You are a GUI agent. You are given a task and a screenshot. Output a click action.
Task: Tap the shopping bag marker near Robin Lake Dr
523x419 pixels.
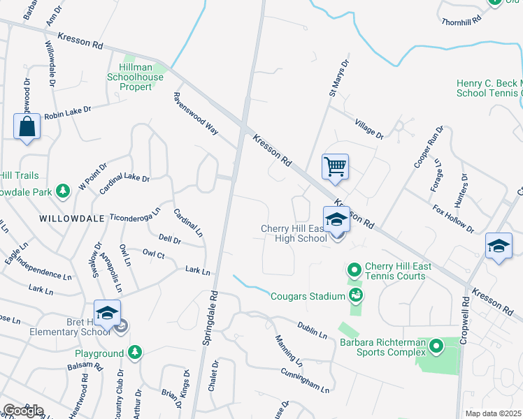point(27,126)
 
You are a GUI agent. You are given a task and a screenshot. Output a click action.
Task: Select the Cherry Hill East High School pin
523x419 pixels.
point(336,220)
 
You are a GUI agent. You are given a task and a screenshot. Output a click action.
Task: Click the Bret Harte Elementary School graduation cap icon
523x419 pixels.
point(107,313)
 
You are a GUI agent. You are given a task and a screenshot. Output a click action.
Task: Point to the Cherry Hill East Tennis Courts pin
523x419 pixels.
point(354,270)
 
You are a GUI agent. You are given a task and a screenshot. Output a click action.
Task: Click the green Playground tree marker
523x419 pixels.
point(134,353)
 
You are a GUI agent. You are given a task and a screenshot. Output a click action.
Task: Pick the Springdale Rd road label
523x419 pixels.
point(208,318)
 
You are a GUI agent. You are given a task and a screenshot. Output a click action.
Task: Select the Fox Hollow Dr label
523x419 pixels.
point(453,219)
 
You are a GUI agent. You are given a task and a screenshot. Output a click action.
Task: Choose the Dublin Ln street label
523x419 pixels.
point(311,331)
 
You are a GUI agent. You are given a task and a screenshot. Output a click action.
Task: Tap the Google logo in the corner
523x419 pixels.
point(22,411)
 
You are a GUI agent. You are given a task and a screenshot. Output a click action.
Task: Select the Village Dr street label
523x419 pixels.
point(369,128)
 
